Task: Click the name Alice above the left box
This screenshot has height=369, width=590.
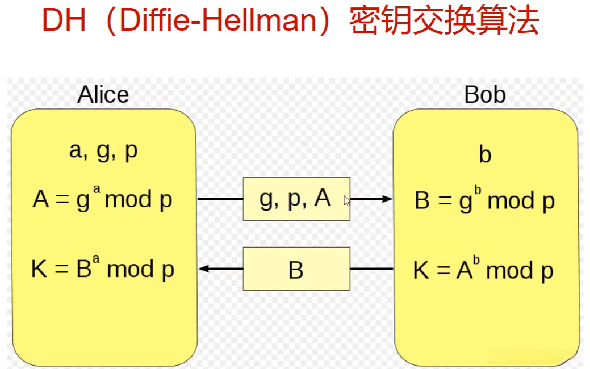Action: pyautogui.click(x=103, y=94)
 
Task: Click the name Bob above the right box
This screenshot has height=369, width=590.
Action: pyautogui.click(x=484, y=94)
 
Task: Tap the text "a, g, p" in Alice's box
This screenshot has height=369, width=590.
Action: pyautogui.click(x=103, y=152)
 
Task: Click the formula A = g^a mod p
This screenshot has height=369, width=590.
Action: pyautogui.click(x=102, y=200)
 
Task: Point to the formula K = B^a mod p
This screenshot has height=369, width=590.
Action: pyautogui.click(x=102, y=269)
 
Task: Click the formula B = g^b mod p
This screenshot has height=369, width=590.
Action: pyautogui.click(x=484, y=201)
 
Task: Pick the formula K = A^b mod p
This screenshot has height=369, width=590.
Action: pyautogui.click(x=483, y=270)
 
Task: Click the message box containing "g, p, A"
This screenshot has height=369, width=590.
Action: pyautogui.click(x=296, y=199)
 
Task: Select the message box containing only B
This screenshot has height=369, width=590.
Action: pyautogui.click(x=296, y=269)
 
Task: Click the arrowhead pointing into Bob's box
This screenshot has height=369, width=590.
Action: pyautogui.click(x=388, y=199)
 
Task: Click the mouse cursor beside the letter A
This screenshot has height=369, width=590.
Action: pyautogui.click(x=347, y=200)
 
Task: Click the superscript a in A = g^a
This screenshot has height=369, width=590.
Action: pyautogui.click(x=96, y=192)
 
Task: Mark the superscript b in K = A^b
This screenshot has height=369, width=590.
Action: pyautogui.click(x=476, y=261)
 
